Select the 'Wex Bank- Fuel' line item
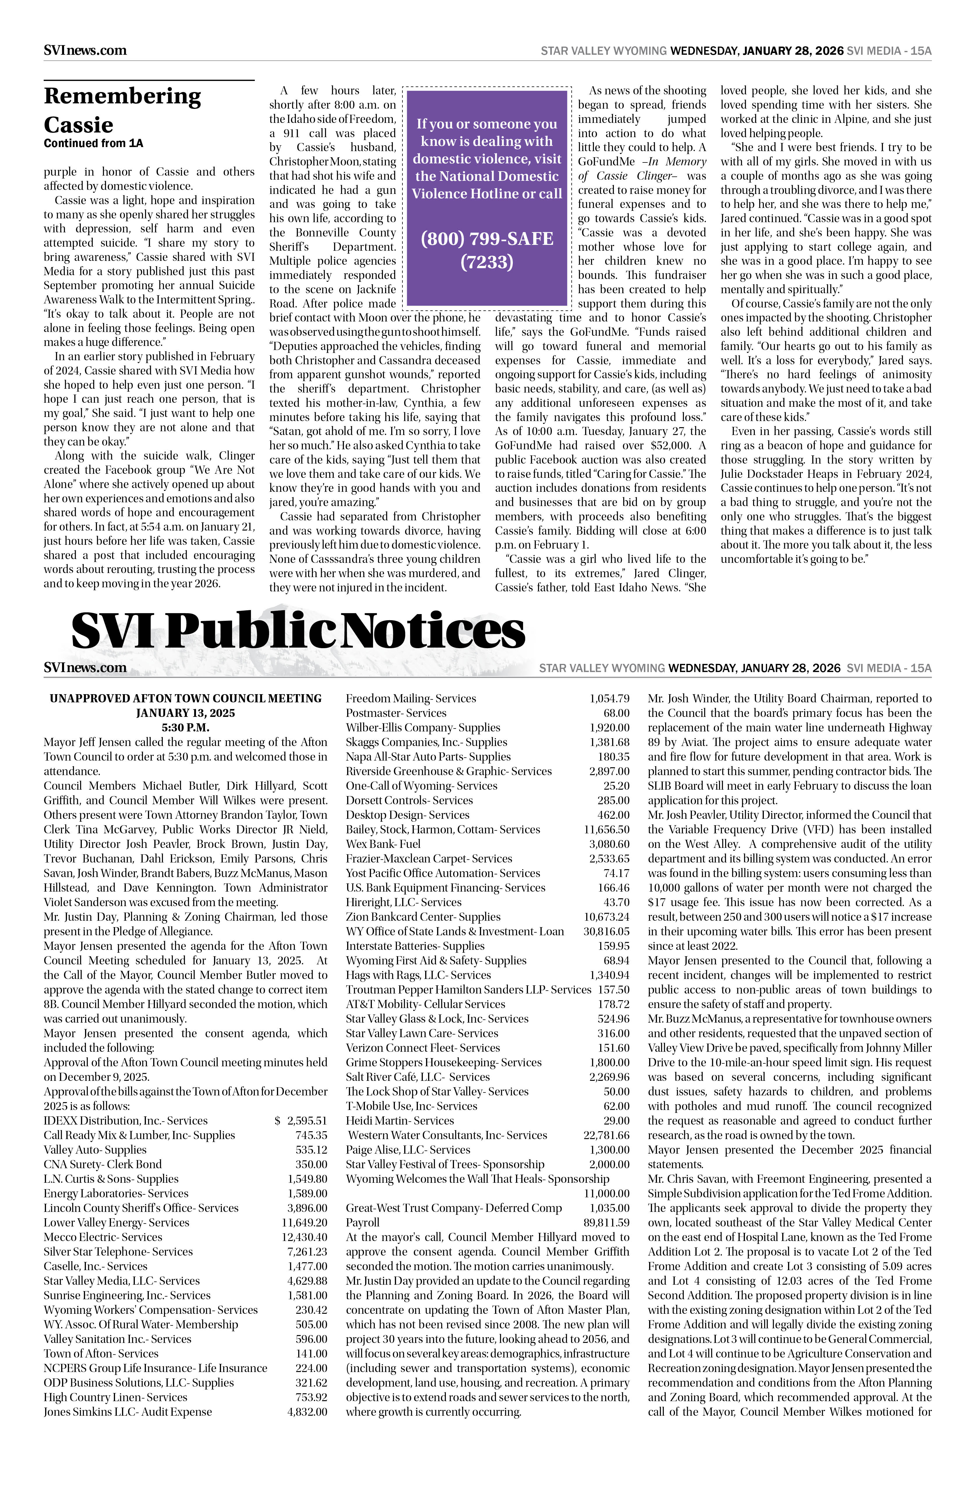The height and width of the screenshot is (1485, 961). tap(383, 844)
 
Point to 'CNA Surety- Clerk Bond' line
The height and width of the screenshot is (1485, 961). tap(102, 1164)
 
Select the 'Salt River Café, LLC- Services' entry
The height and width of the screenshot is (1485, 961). tap(418, 1077)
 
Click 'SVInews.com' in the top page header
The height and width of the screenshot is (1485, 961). tap(85, 51)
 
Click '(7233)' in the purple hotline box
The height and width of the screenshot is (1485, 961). tap(487, 261)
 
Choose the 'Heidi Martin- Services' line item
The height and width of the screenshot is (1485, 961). tap(399, 1121)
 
